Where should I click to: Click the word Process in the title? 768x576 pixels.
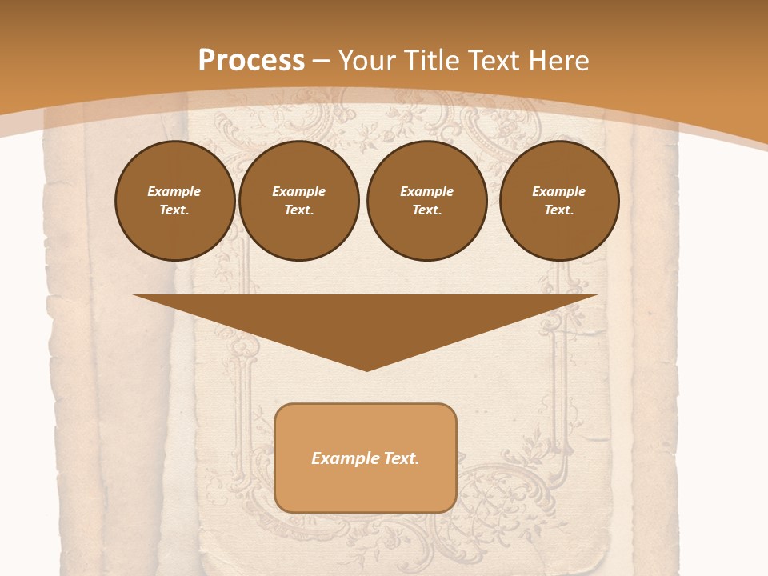[x=251, y=61]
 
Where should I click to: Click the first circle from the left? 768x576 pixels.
[x=174, y=201]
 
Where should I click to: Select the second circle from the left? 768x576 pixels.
[x=299, y=201]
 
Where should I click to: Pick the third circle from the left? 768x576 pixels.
[x=427, y=201]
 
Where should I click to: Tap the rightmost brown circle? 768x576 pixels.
[x=559, y=201]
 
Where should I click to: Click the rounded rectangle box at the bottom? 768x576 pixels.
[x=366, y=458]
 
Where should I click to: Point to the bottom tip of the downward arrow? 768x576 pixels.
[x=366, y=370]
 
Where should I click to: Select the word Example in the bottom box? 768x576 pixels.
[x=344, y=458]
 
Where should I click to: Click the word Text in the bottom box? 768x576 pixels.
[x=402, y=458]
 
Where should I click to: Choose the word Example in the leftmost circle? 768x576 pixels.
[x=174, y=191]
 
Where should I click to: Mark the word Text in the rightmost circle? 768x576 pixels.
[x=558, y=210]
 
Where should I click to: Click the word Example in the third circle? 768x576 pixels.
[x=427, y=191]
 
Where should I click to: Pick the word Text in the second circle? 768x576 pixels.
[x=298, y=210]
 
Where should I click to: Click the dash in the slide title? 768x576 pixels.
[x=322, y=61]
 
